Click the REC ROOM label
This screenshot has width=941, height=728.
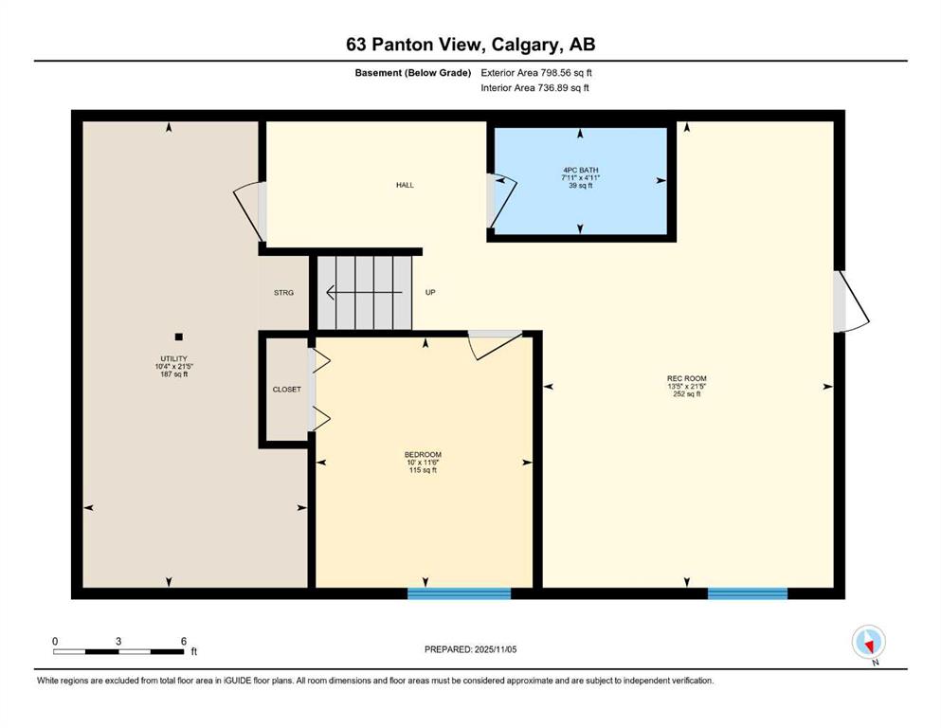coord(686,379)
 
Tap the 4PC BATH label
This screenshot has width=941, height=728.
coord(580,171)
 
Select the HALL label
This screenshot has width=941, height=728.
coord(405,185)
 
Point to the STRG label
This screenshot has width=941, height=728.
coord(284,293)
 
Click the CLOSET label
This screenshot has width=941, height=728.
coord(287,390)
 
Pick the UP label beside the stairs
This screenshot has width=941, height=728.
coord(430,292)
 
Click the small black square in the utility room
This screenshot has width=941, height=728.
coord(178,337)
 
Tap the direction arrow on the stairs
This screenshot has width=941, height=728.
coord(364,292)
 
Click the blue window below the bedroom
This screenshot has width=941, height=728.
coord(459,593)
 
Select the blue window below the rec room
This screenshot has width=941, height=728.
coord(748,593)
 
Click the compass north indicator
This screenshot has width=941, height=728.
coord(868,643)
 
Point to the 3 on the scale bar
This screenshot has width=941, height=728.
coord(118,641)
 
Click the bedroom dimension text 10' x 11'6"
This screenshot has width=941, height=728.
coord(423,463)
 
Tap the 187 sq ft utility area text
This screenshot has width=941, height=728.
coord(174,373)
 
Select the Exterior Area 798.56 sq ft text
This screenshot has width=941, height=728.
coord(536,73)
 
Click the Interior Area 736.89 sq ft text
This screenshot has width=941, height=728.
coord(534,87)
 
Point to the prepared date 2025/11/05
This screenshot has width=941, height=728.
coord(495,649)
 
